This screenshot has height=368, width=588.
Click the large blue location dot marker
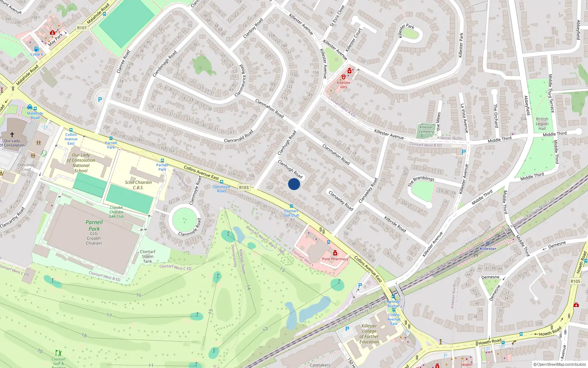294,184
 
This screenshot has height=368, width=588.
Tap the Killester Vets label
344,85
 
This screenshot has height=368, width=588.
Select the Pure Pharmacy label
335,259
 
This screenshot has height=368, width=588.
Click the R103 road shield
244,187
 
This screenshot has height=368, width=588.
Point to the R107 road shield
82,28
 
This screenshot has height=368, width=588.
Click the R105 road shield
576,281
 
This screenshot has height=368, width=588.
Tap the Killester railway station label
488,249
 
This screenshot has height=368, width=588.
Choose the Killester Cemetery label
426,130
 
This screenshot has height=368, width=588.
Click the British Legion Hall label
542,124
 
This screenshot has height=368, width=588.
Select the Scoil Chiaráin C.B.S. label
138,185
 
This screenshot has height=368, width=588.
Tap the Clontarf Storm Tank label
147,256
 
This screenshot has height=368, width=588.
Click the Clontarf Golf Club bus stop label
291,213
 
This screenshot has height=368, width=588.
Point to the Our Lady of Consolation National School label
81,163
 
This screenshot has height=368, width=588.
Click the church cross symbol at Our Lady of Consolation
12,135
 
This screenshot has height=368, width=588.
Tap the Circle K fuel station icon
36,49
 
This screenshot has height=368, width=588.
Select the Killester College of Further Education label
369,334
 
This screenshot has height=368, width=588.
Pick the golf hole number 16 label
139,295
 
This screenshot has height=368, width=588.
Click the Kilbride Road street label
395,224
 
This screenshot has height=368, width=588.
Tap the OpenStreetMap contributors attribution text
559,365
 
